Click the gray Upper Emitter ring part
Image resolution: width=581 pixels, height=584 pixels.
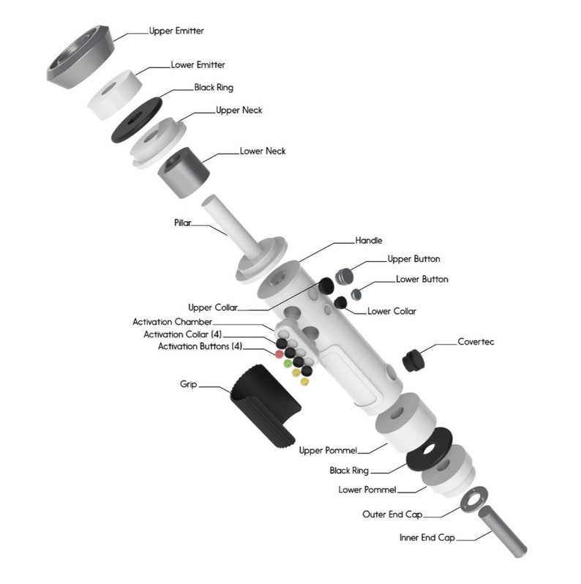pos(80,58)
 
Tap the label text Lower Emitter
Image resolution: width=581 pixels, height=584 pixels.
pos(198,65)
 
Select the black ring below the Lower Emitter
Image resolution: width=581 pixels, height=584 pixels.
pos(137,120)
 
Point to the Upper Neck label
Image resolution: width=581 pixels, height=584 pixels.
pos(239,111)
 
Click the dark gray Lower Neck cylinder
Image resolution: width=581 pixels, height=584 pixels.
pos(184,173)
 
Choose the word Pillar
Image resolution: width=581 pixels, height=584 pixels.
pos(182,222)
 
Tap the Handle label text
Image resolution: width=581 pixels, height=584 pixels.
pos(369,241)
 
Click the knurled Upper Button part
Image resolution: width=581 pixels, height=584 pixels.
pos(344,277)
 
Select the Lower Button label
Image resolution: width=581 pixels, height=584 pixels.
pos(422,280)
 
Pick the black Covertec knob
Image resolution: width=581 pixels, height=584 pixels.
pos(413,361)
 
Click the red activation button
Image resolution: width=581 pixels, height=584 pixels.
pos(279,354)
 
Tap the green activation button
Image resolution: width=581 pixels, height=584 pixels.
pos(288,364)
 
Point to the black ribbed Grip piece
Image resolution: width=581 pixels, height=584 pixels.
pos(266,406)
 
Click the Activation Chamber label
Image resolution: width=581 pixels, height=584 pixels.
pos(172,322)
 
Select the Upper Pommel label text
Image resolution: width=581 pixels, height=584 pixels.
pos(328,451)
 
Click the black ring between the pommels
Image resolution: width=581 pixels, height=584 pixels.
pos(430,449)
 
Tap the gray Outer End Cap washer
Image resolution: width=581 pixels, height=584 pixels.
pos(473,499)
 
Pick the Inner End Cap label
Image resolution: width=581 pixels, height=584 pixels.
pos(427,538)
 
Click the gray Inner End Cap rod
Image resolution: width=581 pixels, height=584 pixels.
pos(503,531)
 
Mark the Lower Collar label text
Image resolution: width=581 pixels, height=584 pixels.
pos(391,311)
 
